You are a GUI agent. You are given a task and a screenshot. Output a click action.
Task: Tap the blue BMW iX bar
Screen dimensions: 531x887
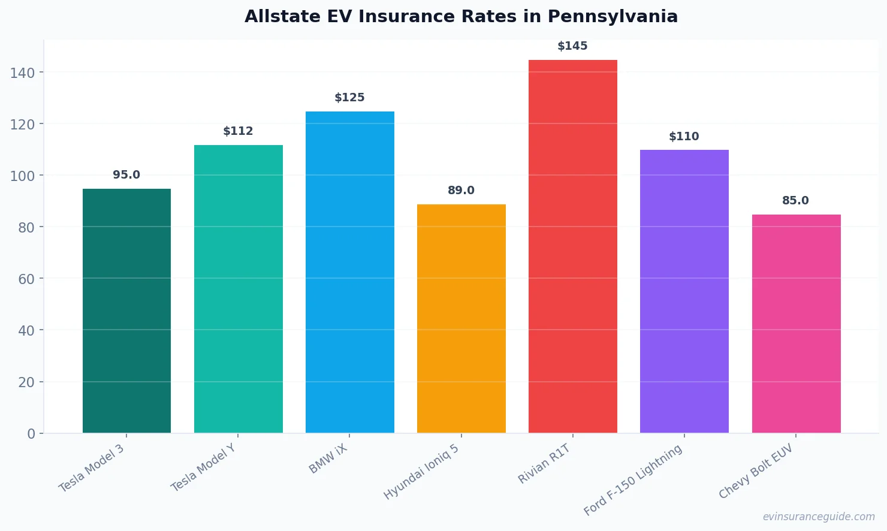point(349,272)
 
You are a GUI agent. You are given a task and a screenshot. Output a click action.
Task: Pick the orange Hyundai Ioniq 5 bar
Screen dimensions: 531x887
point(461,318)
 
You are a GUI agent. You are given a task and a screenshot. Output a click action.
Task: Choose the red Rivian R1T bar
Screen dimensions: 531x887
point(572,246)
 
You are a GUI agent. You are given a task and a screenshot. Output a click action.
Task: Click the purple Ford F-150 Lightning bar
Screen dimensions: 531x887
point(684,291)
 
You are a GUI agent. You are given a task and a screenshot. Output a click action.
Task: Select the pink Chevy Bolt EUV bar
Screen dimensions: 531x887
point(796,324)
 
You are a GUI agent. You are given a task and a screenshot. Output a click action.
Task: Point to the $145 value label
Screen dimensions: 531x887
point(572,46)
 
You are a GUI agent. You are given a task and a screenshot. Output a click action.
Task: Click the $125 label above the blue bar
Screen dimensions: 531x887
point(349,98)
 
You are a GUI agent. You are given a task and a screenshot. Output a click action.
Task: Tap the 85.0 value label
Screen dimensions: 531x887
point(795,201)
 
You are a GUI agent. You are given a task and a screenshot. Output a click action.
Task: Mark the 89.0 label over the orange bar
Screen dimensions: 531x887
point(461,191)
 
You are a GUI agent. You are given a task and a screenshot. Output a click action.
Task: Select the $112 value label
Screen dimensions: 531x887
point(238,131)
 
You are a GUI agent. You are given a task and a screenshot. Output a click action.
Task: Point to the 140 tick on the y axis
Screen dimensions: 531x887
point(22,73)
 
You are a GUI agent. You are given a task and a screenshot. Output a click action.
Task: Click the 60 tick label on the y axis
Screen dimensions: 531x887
point(26,279)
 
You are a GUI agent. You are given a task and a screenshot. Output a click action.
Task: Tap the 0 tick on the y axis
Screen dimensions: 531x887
point(31,434)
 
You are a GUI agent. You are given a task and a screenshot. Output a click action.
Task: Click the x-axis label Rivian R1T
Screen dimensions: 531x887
point(544,464)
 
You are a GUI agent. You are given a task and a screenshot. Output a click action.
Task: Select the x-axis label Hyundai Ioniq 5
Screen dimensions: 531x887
point(421,472)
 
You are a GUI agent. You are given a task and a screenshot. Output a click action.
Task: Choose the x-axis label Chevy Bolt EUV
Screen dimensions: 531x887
point(756,472)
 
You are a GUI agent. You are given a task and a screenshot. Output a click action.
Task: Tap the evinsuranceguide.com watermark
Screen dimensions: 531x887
point(818,517)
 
